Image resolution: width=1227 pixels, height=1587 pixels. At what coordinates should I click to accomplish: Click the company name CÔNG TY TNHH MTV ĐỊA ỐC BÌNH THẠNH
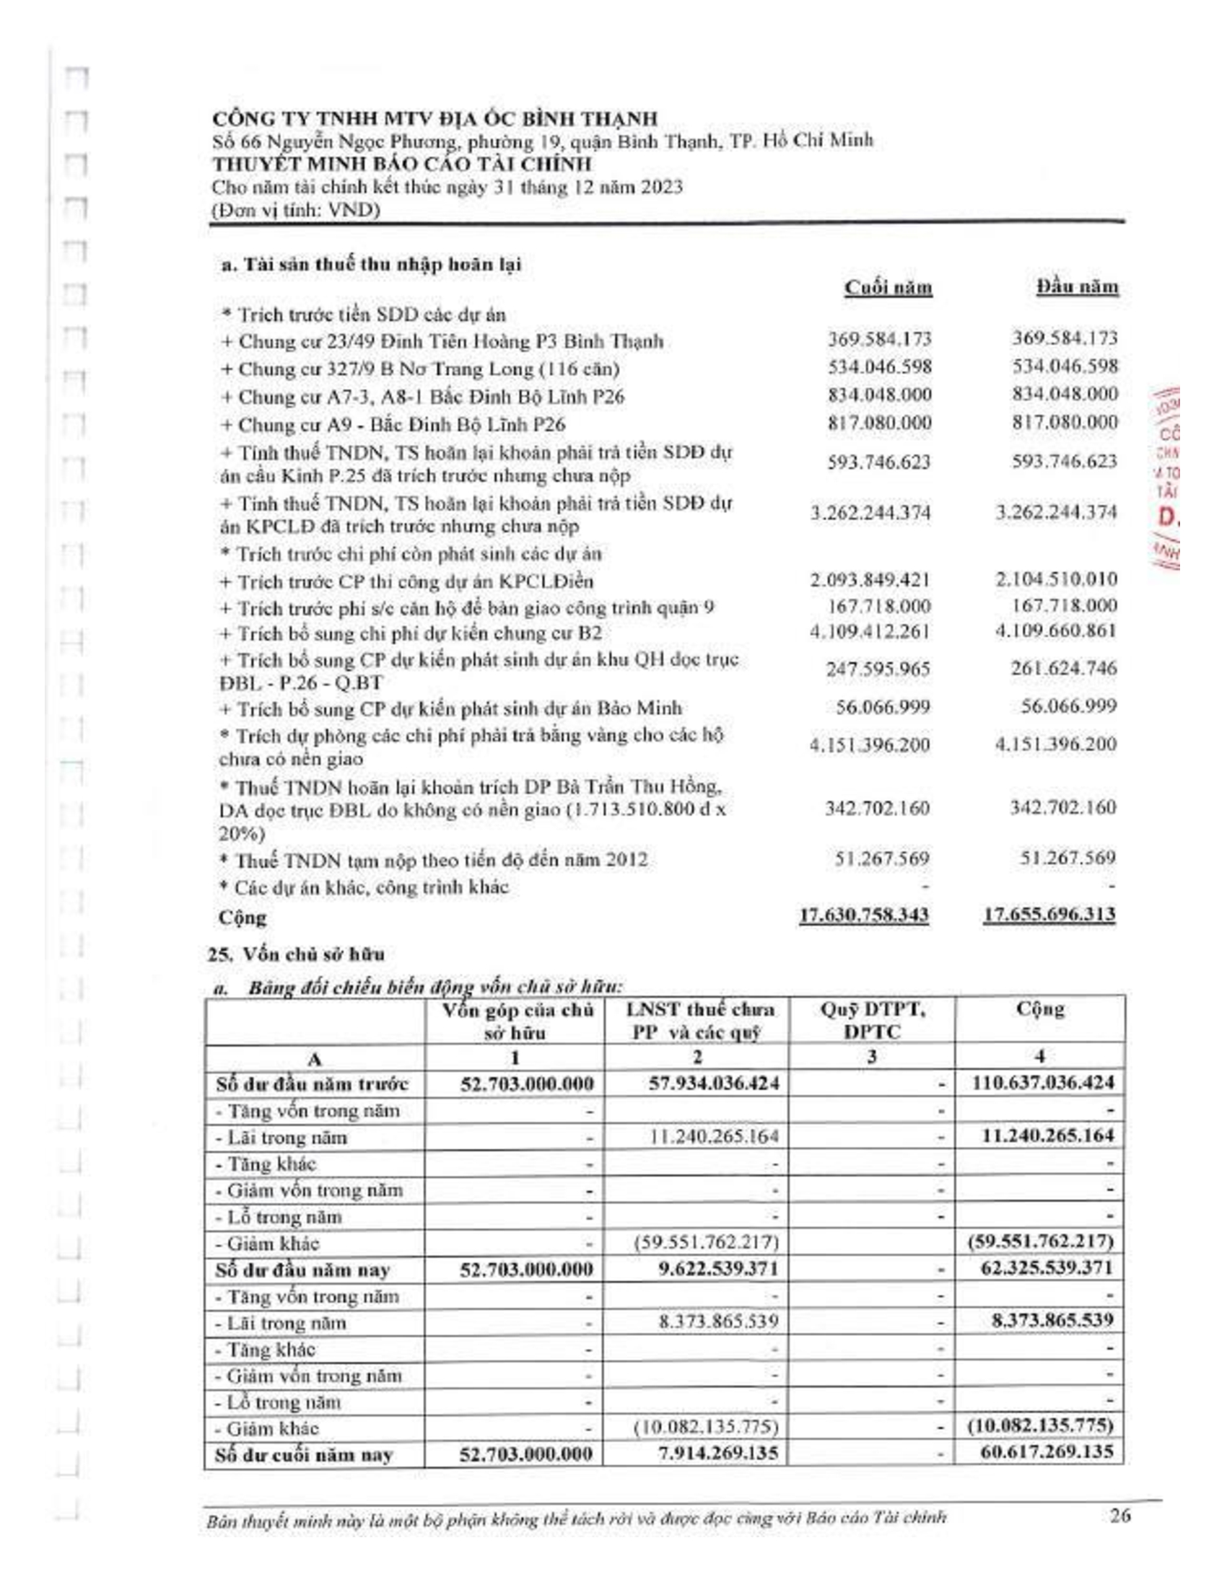(x=435, y=118)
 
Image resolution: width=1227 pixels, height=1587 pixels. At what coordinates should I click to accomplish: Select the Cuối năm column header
(x=888, y=288)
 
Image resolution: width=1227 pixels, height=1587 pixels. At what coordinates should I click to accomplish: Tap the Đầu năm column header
(x=1078, y=287)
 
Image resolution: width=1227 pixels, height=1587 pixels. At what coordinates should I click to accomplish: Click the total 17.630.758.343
(x=863, y=915)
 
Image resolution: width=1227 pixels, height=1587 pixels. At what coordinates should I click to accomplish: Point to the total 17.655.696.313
(x=1049, y=914)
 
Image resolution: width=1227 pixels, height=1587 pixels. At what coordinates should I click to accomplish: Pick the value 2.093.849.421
(x=870, y=580)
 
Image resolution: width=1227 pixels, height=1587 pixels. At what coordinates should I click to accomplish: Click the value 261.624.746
(x=1063, y=668)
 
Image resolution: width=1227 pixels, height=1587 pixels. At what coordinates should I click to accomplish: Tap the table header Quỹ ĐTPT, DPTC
(x=872, y=1020)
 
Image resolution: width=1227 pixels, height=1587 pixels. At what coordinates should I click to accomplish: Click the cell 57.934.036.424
(x=714, y=1083)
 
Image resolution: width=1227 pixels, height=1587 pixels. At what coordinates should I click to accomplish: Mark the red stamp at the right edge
(x=1168, y=480)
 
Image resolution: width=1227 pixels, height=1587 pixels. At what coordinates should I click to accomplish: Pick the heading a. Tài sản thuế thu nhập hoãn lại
(x=371, y=265)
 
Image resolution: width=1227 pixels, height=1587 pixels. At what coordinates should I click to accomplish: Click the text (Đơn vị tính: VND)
(x=296, y=211)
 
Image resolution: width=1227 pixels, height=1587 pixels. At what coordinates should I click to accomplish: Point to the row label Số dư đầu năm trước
(x=313, y=1084)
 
